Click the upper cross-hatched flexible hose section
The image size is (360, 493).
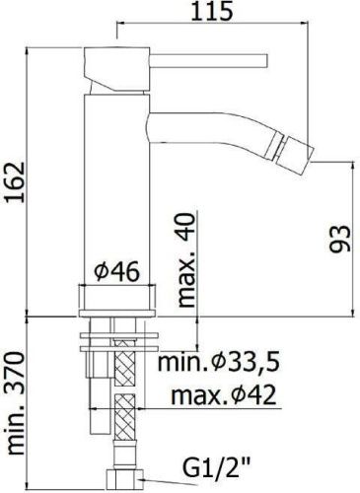[127, 369]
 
